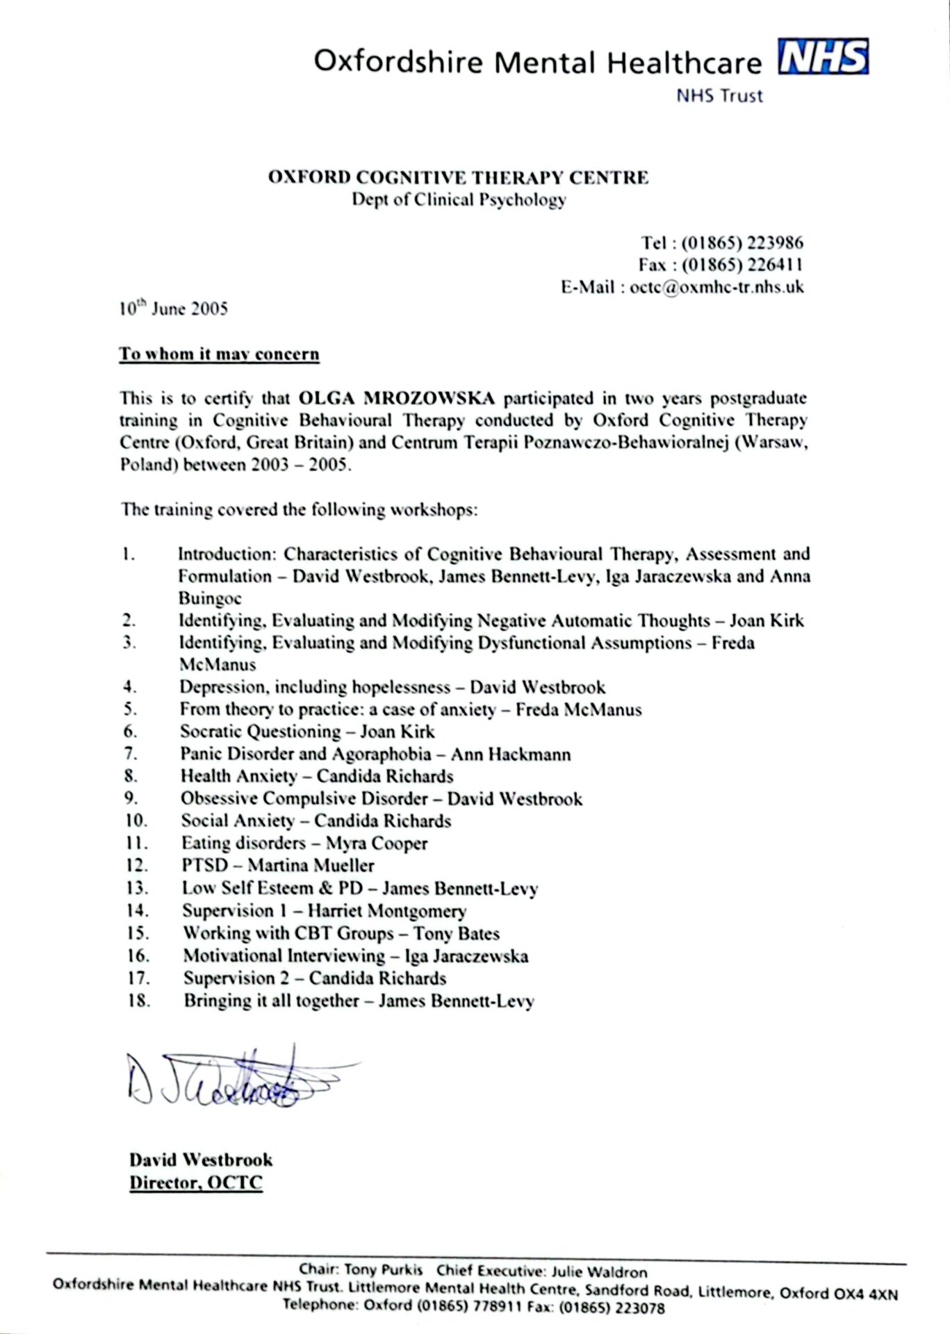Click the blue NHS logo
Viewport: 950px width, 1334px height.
824,57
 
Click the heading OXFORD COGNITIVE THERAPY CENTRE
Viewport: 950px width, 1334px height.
459,178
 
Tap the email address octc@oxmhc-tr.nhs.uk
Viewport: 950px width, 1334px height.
716,287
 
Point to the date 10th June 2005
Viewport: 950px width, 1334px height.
173,308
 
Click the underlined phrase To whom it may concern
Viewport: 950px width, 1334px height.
219,354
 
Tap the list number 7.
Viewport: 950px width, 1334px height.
131,754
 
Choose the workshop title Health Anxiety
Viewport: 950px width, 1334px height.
238,776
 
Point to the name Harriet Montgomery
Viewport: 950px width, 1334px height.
386,911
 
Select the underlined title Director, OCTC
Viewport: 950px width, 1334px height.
196,1183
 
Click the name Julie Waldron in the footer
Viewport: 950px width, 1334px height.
599,1272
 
